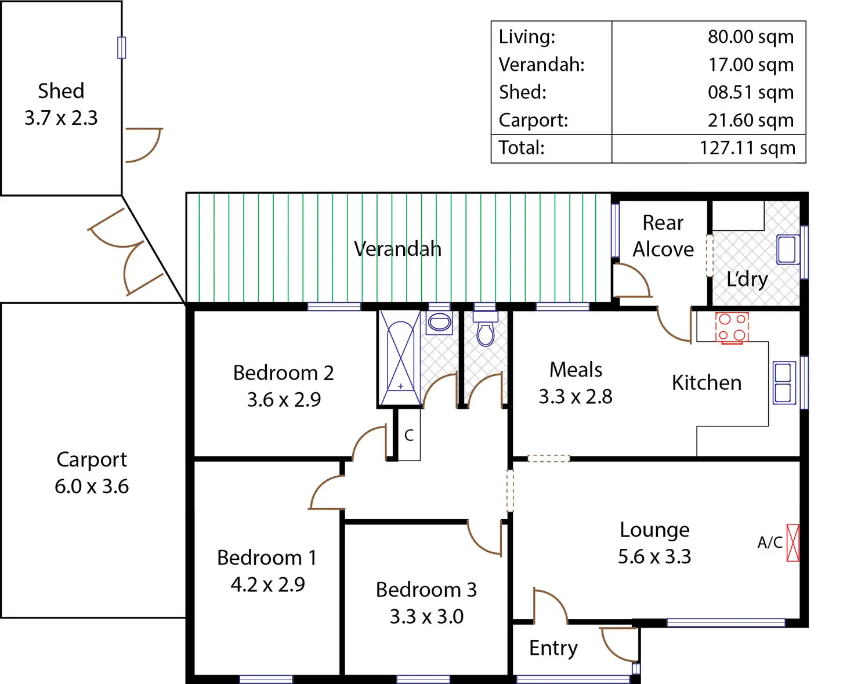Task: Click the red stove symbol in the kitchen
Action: tap(732, 328)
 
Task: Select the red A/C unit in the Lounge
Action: tap(793, 542)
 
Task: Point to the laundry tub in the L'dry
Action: tap(787, 249)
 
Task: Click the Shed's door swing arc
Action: tap(144, 145)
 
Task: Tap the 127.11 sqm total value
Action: tap(747, 148)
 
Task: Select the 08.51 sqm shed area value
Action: tap(750, 92)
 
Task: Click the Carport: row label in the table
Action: tap(533, 120)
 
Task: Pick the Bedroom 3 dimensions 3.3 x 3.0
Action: tap(426, 616)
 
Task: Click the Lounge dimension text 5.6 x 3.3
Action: tap(654, 556)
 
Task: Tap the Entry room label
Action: tap(553, 648)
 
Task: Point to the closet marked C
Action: tap(409, 435)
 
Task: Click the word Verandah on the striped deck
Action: tap(397, 249)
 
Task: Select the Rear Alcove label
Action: tap(663, 236)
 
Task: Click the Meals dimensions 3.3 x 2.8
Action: tap(576, 396)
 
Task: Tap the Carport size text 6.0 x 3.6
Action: tap(92, 486)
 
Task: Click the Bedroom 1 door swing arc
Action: tap(327, 492)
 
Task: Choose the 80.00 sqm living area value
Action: tap(750, 37)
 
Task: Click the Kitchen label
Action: tap(707, 383)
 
